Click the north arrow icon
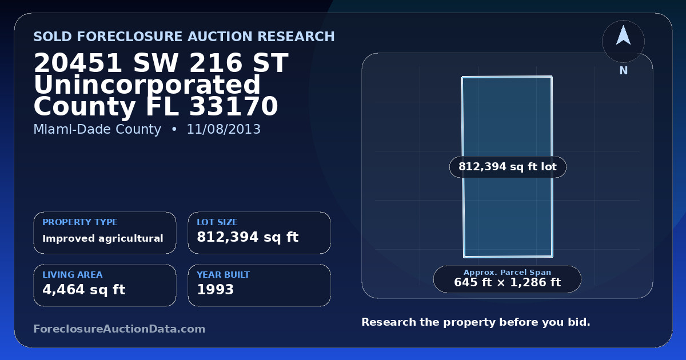pos(623,36)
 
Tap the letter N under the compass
pos(624,71)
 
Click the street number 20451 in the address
pos(78,63)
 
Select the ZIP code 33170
pos(233,106)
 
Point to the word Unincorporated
pos(147,85)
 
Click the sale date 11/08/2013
pos(224,129)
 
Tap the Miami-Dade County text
pos(97,129)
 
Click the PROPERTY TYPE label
pos(80,222)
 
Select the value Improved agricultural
pos(102,238)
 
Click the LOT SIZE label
pos(217,222)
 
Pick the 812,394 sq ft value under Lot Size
pos(248,237)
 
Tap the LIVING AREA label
pos(73,275)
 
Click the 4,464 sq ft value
pos(84,290)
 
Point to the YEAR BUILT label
pos(224,275)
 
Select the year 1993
pos(216,290)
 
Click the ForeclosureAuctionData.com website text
pos(119,329)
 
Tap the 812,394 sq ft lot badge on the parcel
pos(508,167)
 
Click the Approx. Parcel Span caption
pos(507,272)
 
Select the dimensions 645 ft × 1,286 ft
pos(507,282)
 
